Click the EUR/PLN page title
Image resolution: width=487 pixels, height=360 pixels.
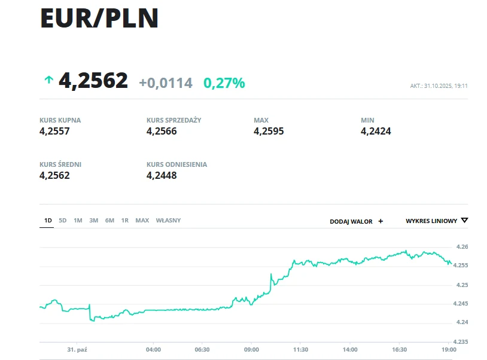pos(99,19)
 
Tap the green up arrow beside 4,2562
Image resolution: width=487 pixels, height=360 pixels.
pos(48,80)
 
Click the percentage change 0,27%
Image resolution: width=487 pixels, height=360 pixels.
pos(224,83)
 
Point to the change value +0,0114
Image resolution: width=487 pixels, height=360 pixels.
pos(166,83)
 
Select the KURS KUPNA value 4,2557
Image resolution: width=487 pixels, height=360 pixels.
pos(54,131)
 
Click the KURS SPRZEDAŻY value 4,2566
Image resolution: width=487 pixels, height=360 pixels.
pos(162,131)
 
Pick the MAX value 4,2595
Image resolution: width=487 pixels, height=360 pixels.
pos(269,131)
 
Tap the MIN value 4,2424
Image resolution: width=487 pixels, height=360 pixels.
pos(376,131)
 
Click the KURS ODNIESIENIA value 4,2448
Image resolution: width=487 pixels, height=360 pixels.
pos(162,175)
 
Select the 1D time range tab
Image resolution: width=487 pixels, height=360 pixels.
pos(48,221)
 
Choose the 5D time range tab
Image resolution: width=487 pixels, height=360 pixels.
pos(63,221)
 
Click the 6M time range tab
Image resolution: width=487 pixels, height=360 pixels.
pos(109,221)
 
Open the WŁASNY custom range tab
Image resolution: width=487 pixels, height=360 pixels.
pos(168,221)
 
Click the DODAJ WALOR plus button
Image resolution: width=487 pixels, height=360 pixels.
pos(381,221)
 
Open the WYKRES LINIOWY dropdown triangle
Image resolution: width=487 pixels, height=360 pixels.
pos(465,221)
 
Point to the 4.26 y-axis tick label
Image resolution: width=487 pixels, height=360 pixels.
pos(461,247)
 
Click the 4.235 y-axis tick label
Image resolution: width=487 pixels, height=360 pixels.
pos(459,341)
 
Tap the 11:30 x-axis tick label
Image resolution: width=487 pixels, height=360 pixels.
pos(300,349)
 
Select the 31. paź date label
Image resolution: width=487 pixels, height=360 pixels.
pos(78,349)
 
